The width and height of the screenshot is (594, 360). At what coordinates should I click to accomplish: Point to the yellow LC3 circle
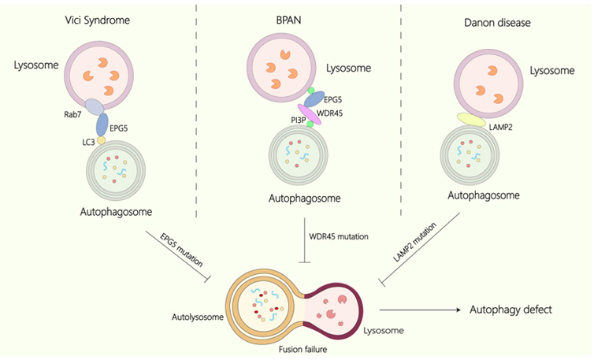(x=101, y=140)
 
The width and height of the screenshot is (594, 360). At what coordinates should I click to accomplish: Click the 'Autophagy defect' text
(x=512, y=310)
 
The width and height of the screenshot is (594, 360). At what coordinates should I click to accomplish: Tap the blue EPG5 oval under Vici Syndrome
(x=102, y=124)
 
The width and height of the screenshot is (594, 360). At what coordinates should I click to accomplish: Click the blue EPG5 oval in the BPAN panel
(x=314, y=98)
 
